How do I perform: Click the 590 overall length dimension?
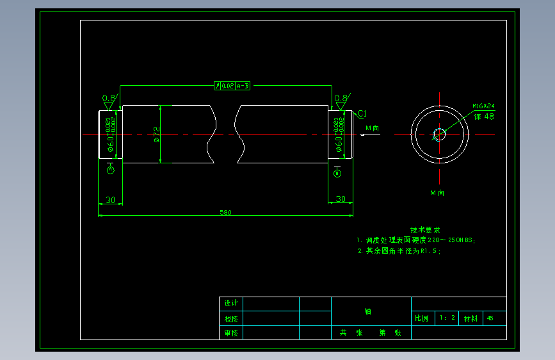[225, 212]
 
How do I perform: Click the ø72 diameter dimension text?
[156, 134]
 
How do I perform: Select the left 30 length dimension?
[110, 200]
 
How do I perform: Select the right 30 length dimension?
[341, 199]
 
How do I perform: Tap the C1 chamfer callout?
[362, 114]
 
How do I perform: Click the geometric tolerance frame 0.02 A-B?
[233, 85]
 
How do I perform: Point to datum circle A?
[110, 170]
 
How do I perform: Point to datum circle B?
[337, 173]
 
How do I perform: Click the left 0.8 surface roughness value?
[109, 98]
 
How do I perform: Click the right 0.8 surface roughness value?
[341, 98]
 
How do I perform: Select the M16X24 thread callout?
[483, 106]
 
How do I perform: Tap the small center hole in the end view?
[439, 134]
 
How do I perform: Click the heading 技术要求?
[425, 229]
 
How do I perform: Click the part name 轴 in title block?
[368, 312]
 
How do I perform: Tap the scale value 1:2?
[447, 318]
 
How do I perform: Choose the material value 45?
[490, 318]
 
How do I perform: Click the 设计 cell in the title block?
[230, 303]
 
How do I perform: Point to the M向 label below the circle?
[437, 192]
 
